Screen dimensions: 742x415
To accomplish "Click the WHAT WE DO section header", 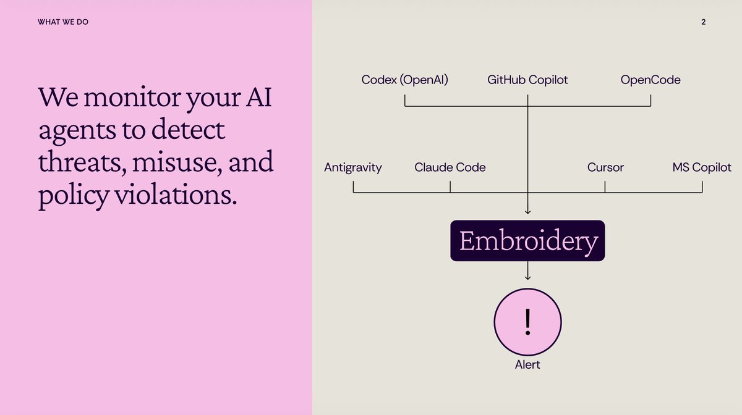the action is [x=63, y=22].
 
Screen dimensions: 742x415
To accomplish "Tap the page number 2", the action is [x=703, y=22].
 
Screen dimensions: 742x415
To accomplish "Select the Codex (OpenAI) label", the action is [x=404, y=80].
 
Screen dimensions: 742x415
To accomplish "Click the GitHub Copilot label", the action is [x=527, y=80].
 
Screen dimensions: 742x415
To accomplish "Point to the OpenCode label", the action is [x=650, y=80].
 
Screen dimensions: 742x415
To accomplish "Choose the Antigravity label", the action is [x=353, y=167].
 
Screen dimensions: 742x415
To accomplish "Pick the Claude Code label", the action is [x=450, y=167].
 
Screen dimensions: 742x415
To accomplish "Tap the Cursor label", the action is [x=605, y=167].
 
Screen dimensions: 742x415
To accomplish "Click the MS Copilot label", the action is [x=702, y=167].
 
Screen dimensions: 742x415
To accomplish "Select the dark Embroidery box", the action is [x=527, y=241].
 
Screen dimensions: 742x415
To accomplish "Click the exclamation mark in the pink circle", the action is [x=527, y=322].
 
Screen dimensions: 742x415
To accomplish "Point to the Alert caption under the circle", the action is [x=527, y=365].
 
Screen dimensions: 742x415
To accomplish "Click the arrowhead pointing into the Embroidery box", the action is [x=527, y=211].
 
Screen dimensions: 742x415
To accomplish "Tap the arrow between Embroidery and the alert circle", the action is [x=527, y=270].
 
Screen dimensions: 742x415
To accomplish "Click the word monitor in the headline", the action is [x=132, y=98].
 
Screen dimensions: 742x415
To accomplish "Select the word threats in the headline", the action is [x=82, y=162].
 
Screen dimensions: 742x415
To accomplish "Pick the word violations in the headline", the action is [x=176, y=195].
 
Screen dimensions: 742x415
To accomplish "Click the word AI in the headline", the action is [x=258, y=97].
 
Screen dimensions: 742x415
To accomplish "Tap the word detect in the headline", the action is [x=188, y=130].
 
